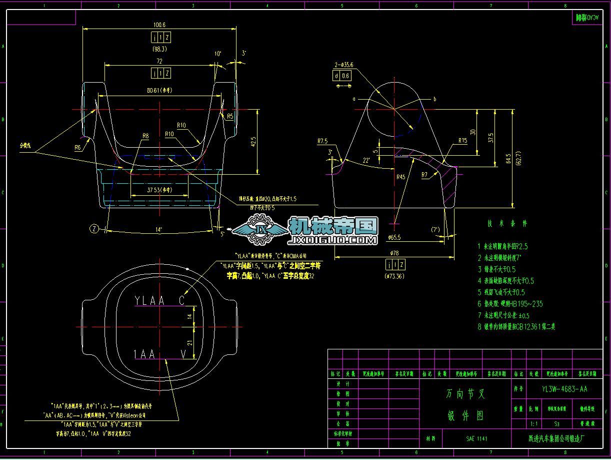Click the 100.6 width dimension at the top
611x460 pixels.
(159, 25)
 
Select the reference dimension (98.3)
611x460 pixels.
(159, 49)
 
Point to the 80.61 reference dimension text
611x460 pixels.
(159, 91)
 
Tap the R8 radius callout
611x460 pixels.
(145, 136)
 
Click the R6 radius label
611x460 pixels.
(77, 148)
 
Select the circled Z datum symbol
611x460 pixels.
(94, 229)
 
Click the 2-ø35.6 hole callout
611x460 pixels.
(344, 65)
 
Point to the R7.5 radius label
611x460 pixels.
(322, 141)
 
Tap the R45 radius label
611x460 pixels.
(400, 177)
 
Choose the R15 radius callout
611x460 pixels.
(462, 141)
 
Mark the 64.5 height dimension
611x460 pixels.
(508, 158)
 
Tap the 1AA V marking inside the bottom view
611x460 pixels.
(160, 354)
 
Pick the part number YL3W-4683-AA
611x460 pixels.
(564, 389)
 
